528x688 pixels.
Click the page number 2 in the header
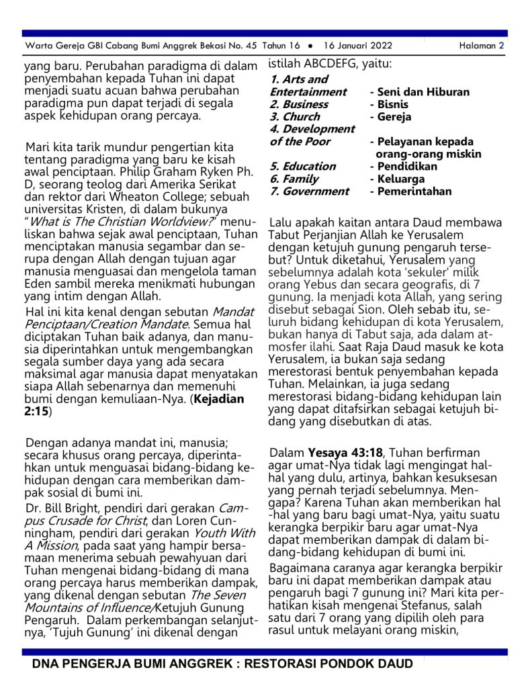pos(501,46)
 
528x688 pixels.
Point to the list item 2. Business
pos(299,104)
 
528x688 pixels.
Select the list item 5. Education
pos(302,166)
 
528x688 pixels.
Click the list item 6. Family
pos(294,179)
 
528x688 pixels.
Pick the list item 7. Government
pos(309,191)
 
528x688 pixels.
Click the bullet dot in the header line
pos(309,46)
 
